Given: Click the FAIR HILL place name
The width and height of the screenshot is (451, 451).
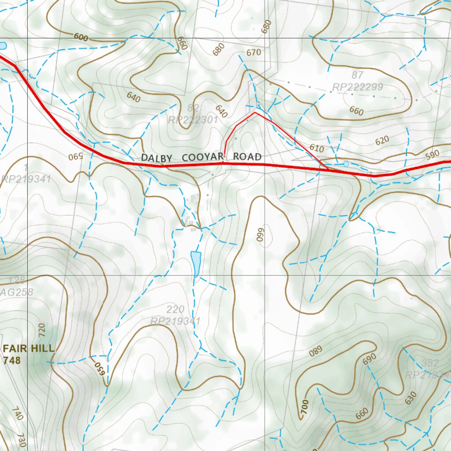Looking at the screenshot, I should point(29,348).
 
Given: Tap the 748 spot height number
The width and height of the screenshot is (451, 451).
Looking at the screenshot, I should point(12,360).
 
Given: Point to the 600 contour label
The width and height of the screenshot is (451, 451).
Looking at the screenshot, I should point(81,38).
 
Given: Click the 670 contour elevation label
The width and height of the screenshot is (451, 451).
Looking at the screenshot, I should point(254,52).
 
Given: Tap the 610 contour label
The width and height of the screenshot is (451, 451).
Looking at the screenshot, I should point(317,148).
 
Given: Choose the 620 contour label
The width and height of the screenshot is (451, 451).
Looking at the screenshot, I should point(382,140).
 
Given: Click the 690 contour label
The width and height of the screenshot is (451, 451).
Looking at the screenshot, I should point(370,359).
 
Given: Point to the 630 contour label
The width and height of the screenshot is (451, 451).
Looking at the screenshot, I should point(410,399).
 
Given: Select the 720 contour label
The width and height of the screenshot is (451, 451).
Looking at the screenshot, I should point(42,329).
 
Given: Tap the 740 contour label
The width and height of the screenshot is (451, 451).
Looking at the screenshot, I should point(17,414).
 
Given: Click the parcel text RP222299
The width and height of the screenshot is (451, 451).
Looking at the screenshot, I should point(358,87).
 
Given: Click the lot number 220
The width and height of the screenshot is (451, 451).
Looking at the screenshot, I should point(175,309).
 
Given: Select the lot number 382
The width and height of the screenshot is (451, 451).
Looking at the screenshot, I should point(430,363).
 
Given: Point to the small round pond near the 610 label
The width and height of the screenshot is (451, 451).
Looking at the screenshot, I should point(346,164).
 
